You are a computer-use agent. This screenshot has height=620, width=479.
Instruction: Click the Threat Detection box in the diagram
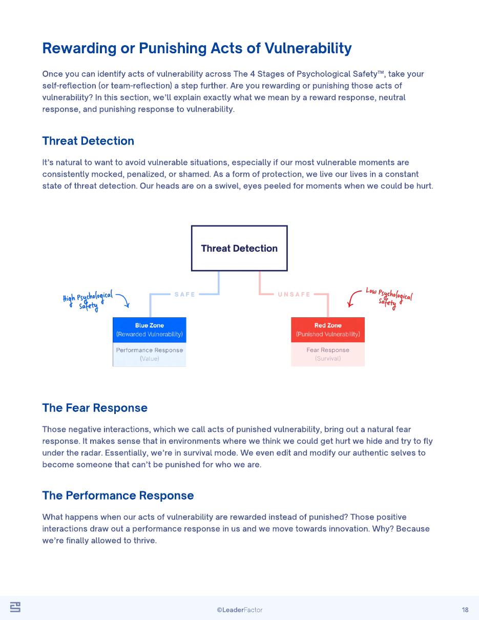pyautogui.click(x=239, y=248)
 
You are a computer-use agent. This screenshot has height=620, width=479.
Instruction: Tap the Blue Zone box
pyautogui.click(x=150, y=329)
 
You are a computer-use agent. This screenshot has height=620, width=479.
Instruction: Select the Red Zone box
pyautogui.click(x=328, y=329)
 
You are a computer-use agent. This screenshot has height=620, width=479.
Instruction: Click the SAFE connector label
pyautogui.click(x=185, y=294)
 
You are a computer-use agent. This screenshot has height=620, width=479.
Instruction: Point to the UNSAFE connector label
pyautogui.click(x=294, y=294)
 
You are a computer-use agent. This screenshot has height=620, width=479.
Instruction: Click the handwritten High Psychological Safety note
pyautogui.click(x=88, y=301)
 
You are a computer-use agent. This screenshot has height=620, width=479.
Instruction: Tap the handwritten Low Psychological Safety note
pyautogui.click(x=389, y=298)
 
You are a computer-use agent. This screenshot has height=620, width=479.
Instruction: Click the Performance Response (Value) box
pyautogui.click(x=150, y=354)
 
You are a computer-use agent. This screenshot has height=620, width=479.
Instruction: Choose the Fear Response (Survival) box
pyautogui.click(x=328, y=354)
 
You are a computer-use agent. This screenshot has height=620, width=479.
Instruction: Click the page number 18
pyautogui.click(x=465, y=610)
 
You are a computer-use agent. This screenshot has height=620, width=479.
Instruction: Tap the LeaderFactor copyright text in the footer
pyautogui.click(x=240, y=610)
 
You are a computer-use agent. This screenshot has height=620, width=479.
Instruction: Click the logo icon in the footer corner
pyautogui.click(x=15, y=607)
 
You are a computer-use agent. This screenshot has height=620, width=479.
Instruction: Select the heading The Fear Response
pyautogui.click(x=95, y=408)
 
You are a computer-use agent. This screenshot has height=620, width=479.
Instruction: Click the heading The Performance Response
pyautogui.click(x=118, y=495)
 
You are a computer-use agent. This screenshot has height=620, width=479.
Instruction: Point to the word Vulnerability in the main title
pyautogui.click(x=308, y=48)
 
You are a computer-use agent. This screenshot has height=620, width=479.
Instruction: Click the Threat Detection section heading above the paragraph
pyautogui.click(x=88, y=141)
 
